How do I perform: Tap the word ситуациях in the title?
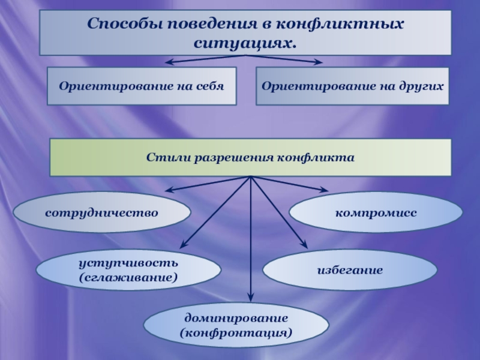click(245, 44)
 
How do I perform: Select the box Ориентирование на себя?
click(142, 86)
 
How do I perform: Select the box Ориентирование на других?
click(353, 86)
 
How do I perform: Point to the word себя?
click(209, 86)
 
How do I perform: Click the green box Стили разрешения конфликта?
click(250, 157)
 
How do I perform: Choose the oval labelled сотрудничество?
click(101, 212)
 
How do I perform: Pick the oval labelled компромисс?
click(376, 212)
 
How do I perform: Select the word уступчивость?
click(128, 264)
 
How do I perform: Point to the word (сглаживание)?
click(128, 277)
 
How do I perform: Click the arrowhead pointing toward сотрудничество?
click(169, 191)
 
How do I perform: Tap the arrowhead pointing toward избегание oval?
click(304, 244)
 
